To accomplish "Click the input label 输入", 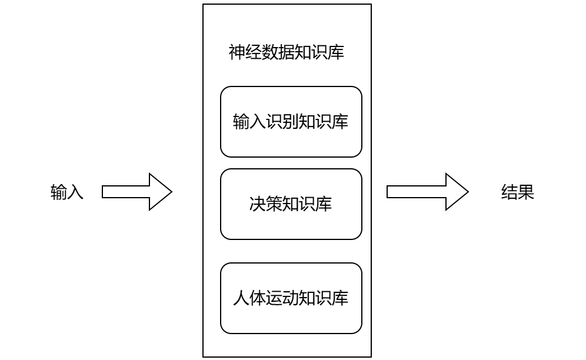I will tap(67, 192).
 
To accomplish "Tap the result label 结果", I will tap(517, 192).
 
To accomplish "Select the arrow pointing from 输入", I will tap(136, 192).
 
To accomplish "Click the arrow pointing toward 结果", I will tap(427, 192).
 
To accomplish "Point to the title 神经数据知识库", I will tap(287, 53).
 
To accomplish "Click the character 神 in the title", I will tap(237, 53).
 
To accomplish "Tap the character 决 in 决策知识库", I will tap(258, 204).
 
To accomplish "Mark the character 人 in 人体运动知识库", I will tap(241, 298).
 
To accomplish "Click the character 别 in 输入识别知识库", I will tap(291, 122).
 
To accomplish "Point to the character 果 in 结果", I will tap(526, 192).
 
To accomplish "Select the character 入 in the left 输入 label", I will tap(75, 192).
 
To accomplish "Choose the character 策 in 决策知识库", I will tap(274, 204).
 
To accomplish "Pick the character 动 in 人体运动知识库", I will tap(291, 298).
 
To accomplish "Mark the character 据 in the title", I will tap(287, 53).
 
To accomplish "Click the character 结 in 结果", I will tap(509, 192).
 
